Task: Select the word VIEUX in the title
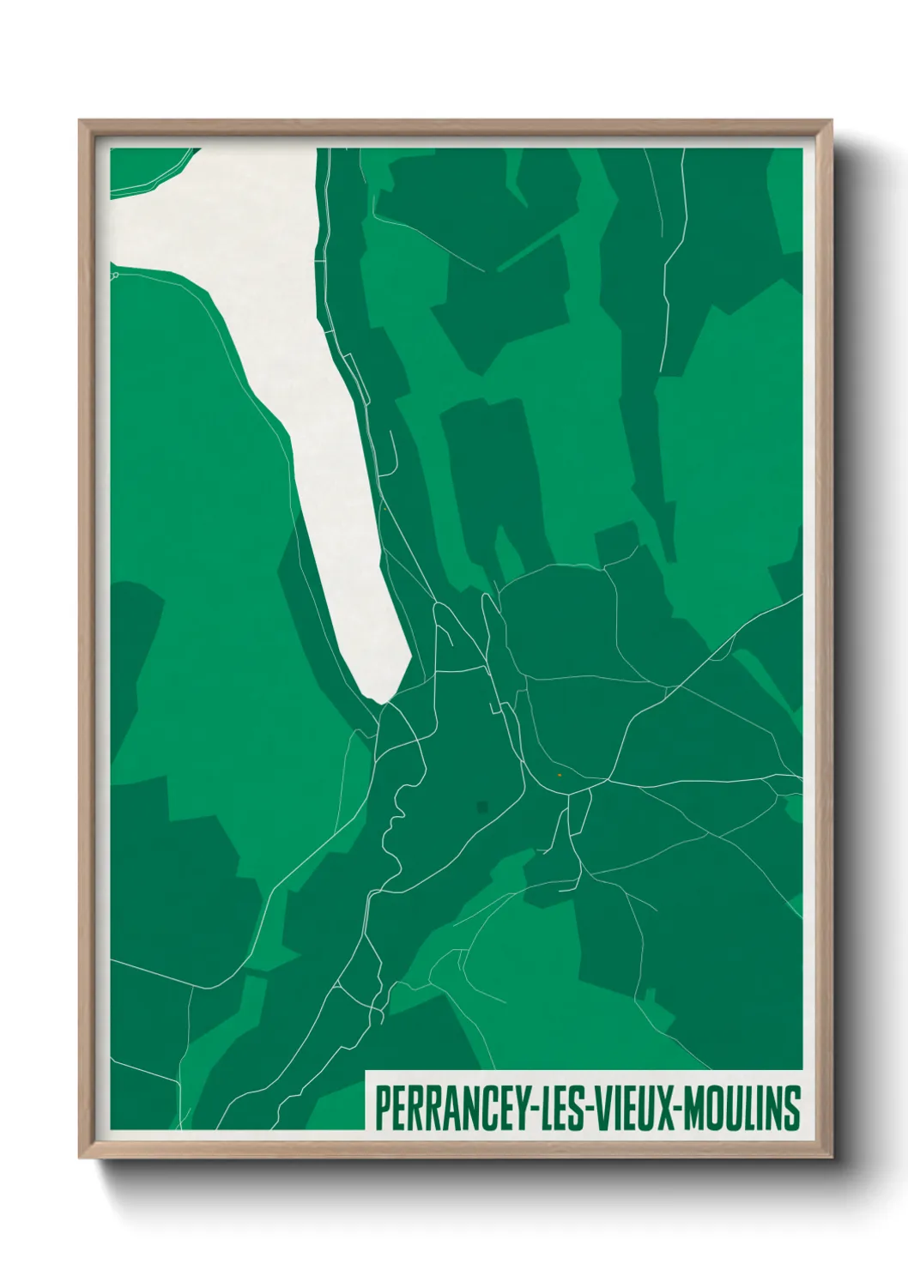click(x=631, y=1107)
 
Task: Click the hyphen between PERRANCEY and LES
click(x=524, y=1109)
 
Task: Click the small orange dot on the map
click(x=559, y=775)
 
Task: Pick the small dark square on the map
click(x=482, y=807)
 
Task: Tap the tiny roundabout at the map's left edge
click(x=114, y=275)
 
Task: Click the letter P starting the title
click(x=382, y=1107)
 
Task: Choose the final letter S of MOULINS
click(x=792, y=1107)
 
